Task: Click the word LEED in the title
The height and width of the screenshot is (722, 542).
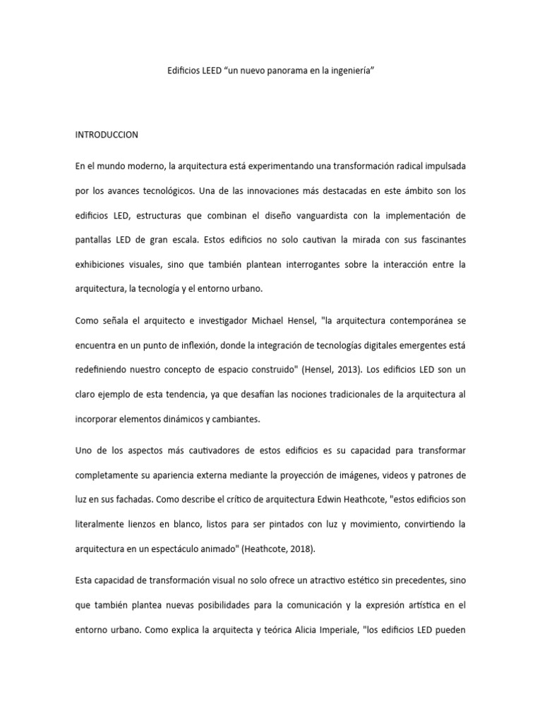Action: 209,72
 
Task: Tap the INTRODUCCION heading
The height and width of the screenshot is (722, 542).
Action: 107,134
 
